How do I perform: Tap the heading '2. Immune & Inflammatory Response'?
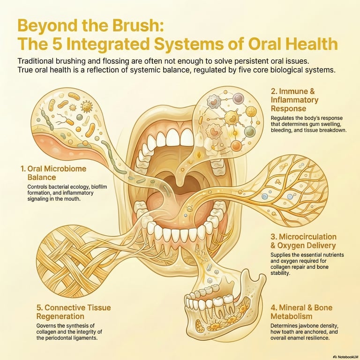(x=294, y=100)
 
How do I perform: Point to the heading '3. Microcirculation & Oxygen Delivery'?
(x=303, y=241)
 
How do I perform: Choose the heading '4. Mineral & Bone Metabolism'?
(x=301, y=312)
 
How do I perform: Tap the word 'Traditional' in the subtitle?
(x=38, y=61)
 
